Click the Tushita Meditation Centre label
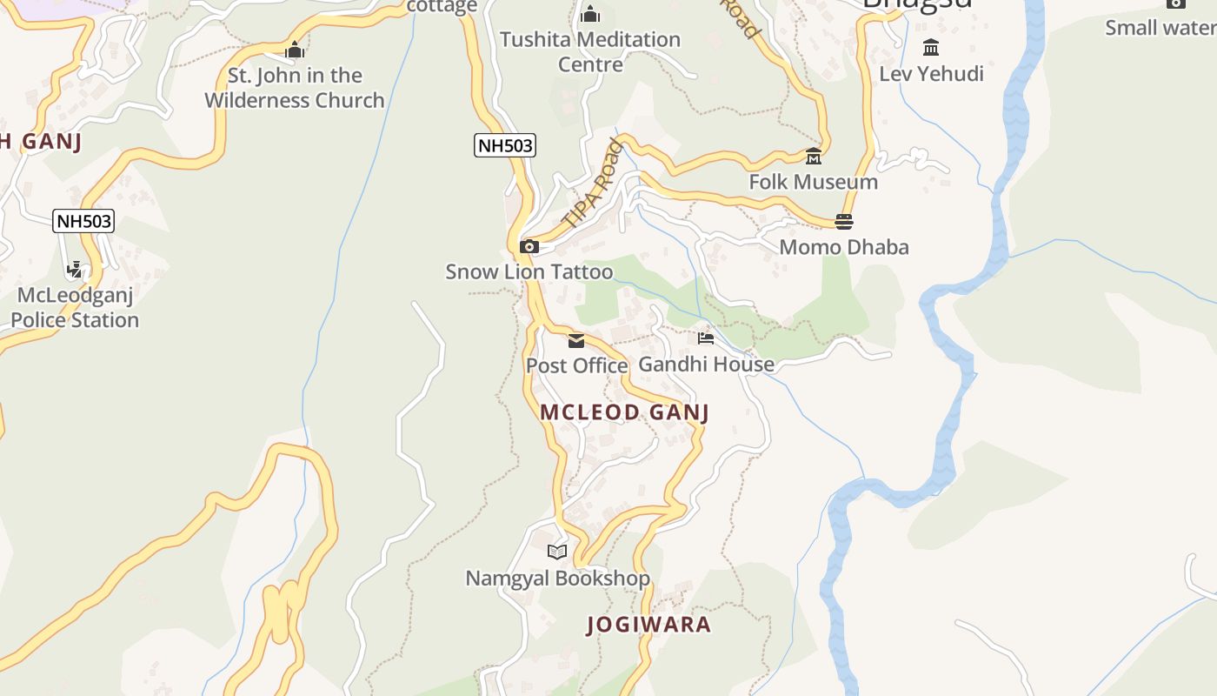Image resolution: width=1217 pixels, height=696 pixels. point(590,52)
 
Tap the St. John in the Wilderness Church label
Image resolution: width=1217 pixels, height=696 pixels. point(295,88)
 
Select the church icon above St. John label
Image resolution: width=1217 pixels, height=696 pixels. point(295,50)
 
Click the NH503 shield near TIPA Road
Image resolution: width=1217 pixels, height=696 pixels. point(505,145)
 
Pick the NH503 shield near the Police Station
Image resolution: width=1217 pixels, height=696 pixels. point(83,221)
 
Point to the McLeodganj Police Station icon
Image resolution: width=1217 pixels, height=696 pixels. point(76,270)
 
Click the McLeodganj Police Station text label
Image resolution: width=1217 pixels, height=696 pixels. point(75,308)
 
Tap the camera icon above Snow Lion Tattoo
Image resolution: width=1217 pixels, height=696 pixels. point(529,247)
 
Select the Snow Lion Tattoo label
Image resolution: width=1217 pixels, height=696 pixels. point(529,271)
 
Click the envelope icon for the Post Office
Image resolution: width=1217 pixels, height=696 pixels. point(576,340)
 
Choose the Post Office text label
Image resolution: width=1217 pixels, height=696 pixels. point(576,365)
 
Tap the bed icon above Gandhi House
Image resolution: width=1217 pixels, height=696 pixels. point(706,338)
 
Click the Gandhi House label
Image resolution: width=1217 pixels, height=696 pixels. point(706,364)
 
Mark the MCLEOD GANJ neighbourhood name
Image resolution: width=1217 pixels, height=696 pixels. point(624,412)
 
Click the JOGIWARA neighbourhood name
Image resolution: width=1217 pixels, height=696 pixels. point(648,625)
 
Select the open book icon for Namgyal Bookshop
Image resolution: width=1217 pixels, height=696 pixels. point(557,552)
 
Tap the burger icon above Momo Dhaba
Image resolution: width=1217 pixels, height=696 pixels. point(843,222)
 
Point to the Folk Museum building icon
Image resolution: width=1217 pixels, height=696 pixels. point(814,157)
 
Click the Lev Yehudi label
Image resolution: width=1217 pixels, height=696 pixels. point(931,74)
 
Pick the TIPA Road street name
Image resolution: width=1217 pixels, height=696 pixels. point(594,184)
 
